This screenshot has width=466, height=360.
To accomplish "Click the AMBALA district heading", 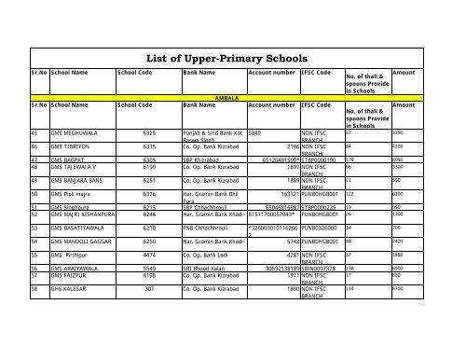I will [228, 96].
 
